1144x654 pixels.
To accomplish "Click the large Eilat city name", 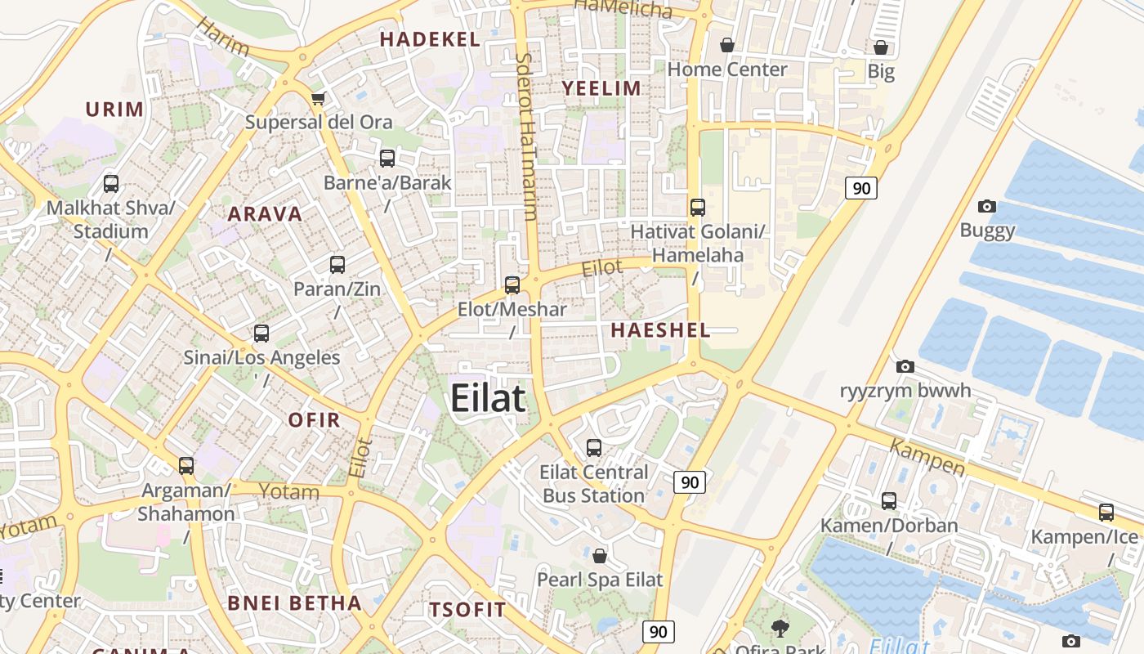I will pyautogui.click(x=488, y=399).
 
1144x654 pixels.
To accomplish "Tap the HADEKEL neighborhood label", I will pyautogui.click(x=430, y=39).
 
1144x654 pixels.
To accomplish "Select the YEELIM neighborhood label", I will pyautogui.click(x=602, y=88).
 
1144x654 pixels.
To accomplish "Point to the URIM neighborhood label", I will pyautogui.click(x=114, y=109).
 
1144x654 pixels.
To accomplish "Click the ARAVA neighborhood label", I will pyautogui.click(x=265, y=214).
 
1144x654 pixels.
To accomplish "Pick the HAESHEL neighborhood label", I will pyautogui.click(x=660, y=330).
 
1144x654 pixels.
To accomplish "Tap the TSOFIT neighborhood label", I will pyautogui.click(x=467, y=610).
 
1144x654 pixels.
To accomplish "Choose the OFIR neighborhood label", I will pyautogui.click(x=314, y=420).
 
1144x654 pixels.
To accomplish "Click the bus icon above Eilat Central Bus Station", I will pyautogui.click(x=594, y=448).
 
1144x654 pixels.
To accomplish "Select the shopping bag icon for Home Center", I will pyautogui.click(x=726, y=45).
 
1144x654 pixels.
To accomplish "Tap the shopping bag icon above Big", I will pyautogui.click(x=881, y=47).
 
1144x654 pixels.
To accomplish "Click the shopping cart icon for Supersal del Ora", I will pyautogui.click(x=318, y=99).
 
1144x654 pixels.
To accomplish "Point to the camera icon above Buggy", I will pyautogui.click(x=987, y=206).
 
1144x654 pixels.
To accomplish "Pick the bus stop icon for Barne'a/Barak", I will pyautogui.click(x=387, y=158).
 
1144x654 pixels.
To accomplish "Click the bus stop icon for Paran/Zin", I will pyautogui.click(x=337, y=265).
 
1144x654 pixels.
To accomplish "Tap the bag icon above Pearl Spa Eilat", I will pyautogui.click(x=600, y=556).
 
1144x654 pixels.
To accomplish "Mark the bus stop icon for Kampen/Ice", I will pyautogui.click(x=1106, y=513).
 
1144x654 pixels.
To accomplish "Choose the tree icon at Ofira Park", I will pyautogui.click(x=780, y=628).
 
